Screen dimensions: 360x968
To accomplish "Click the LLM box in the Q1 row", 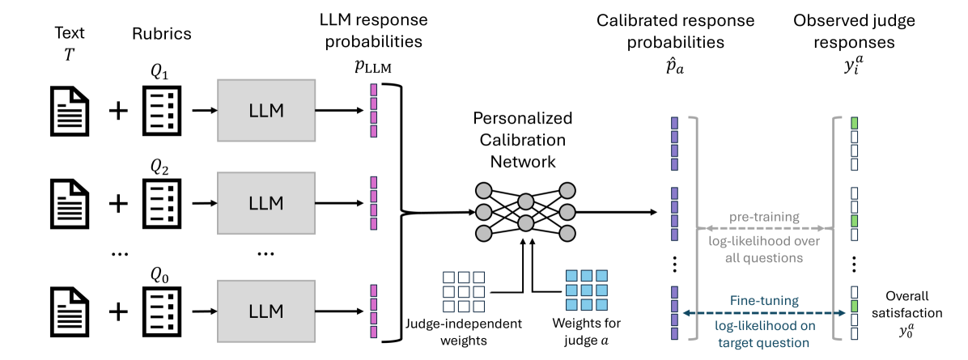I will (266, 111).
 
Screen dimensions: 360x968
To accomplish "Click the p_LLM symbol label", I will (373, 68).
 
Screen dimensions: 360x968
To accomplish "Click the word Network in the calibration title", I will (524, 161).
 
